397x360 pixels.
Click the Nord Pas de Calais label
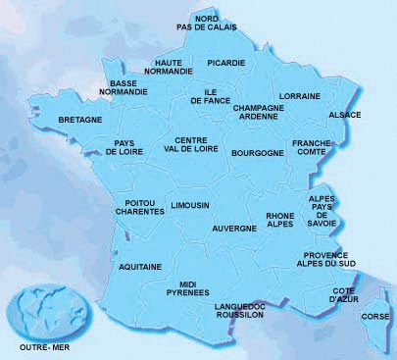(206, 23)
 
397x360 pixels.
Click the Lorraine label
(300, 96)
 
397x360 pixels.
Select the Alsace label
(345, 115)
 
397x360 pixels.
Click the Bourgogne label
(257, 153)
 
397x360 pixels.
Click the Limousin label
(190, 206)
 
